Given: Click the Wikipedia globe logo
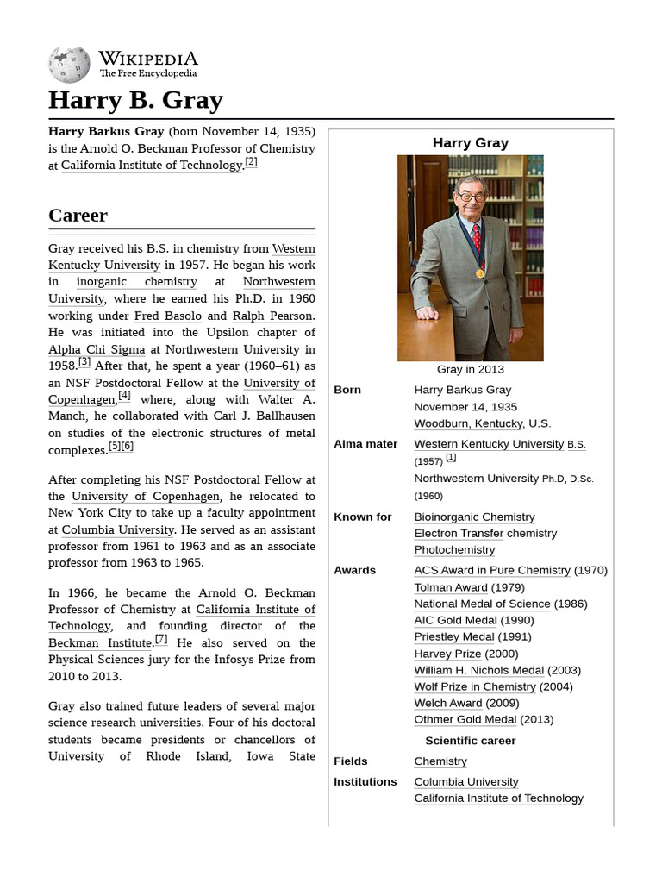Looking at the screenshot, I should (69, 65).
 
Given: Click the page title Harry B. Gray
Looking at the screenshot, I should (135, 100).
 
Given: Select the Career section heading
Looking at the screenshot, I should (78, 215).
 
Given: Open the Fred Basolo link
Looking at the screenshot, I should (168, 316).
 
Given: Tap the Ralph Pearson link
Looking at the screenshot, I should (272, 316).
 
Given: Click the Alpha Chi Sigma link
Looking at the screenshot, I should (96, 349).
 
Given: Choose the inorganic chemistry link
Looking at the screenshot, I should (136, 282).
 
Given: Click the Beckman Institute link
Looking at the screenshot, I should (100, 643).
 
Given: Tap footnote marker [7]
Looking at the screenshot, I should (161, 639).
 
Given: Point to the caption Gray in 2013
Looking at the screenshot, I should (471, 369).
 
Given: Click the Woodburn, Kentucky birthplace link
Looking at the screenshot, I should (468, 423).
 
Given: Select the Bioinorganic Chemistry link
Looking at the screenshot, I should (474, 517).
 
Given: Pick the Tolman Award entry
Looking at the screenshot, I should (451, 587).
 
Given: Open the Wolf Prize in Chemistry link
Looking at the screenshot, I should (475, 686).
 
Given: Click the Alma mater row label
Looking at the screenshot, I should (365, 444).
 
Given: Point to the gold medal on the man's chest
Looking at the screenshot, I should (480, 273).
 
